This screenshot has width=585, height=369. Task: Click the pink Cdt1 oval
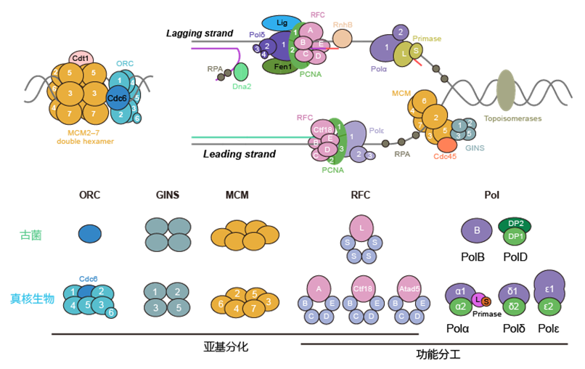click(x=81, y=58)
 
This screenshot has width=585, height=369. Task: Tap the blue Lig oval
click(x=282, y=23)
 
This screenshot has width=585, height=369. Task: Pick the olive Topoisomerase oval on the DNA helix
click(x=506, y=91)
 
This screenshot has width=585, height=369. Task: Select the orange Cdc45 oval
click(x=447, y=145)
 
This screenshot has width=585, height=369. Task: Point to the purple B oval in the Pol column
click(x=477, y=231)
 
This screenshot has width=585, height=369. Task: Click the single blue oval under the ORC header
click(x=90, y=233)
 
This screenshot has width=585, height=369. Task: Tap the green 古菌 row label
click(x=30, y=235)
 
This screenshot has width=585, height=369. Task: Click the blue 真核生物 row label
click(x=31, y=298)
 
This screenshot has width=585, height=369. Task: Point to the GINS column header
click(x=167, y=195)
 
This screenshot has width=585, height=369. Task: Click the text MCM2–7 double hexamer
click(x=85, y=136)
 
